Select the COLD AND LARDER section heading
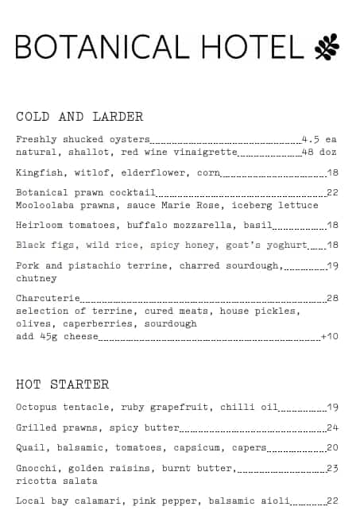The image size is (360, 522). pyautogui.click(x=79, y=117)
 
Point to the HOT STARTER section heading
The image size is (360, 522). pyautogui.click(x=62, y=385)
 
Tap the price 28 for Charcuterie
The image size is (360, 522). pyautogui.click(x=332, y=299)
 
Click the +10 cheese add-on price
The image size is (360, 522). pyautogui.click(x=329, y=337)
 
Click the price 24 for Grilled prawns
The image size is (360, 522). pyautogui.click(x=332, y=427)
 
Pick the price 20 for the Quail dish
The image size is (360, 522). pyautogui.click(x=332, y=448)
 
